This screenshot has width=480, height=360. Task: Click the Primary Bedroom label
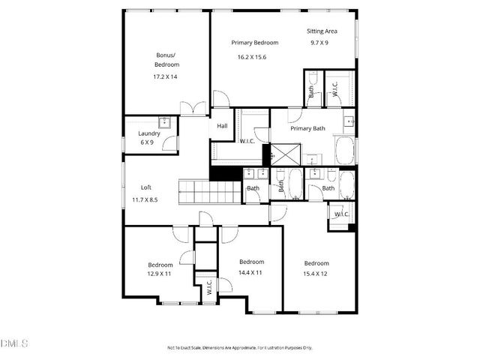254,43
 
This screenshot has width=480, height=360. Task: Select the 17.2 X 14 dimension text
165,76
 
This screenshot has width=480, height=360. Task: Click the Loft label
147,187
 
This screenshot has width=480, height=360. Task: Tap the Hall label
222,126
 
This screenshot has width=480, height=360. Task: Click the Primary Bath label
307,128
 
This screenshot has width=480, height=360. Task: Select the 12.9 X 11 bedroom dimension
160,275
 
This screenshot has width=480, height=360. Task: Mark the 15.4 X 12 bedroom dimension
316,274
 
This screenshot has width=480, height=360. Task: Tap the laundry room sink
165,123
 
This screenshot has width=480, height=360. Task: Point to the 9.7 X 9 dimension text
319,43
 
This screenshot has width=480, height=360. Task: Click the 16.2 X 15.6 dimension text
251,57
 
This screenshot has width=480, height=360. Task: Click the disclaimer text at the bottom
240,348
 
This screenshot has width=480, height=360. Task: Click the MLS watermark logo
13,344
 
